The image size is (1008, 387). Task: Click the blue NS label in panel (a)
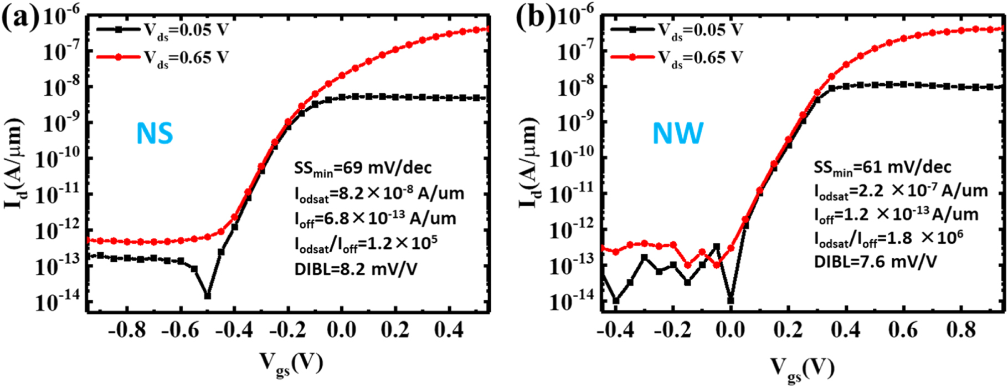click(155, 134)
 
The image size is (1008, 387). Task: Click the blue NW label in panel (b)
click(678, 134)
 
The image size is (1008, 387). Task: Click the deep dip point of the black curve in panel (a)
click(207, 296)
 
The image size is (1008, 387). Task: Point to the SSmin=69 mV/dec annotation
click(363, 168)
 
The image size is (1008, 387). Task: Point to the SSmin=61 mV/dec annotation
click(882, 167)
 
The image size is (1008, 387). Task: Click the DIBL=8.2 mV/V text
click(356, 269)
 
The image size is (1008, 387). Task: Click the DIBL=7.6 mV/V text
click(875, 261)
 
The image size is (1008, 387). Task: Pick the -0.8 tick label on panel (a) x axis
click(127, 330)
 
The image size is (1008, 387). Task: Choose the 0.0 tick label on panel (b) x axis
click(731, 330)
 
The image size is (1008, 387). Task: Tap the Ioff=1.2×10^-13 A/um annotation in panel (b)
click(896, 215)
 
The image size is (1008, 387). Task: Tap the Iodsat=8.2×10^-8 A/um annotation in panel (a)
click(379, 193)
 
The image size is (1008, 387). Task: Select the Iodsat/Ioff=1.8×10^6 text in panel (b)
click(888, 238)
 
